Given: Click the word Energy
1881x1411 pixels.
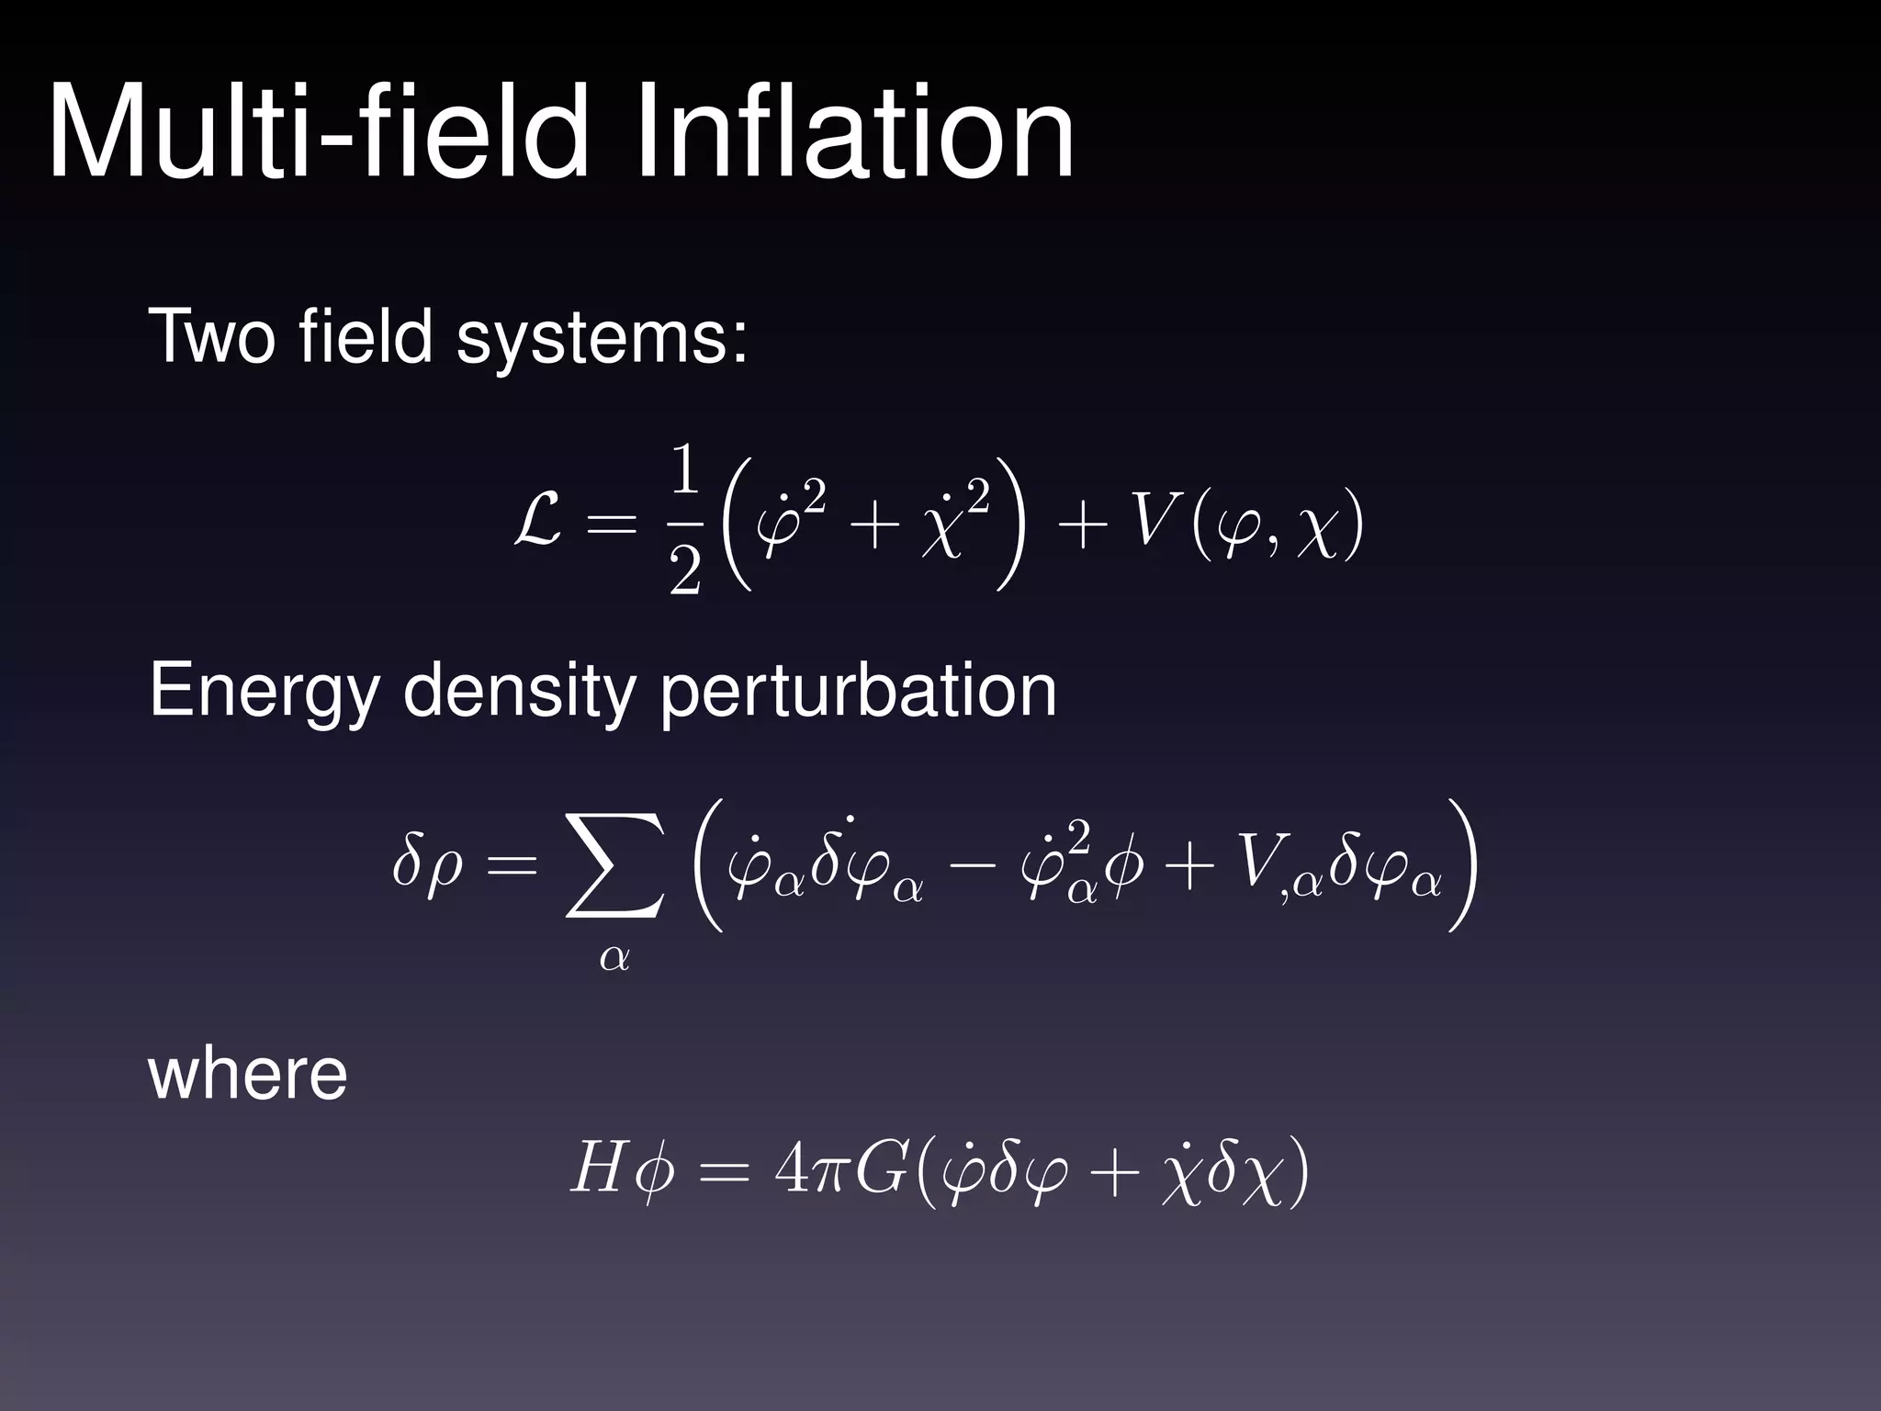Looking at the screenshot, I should point(264,693).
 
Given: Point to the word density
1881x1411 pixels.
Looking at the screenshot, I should point(519,693).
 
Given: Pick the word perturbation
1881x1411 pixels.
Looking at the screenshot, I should point(858,693).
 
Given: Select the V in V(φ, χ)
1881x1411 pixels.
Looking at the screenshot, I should point(1149,525).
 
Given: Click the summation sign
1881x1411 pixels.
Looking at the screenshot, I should point(614,868).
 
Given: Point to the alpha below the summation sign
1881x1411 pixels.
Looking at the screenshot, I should point(614,958).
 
